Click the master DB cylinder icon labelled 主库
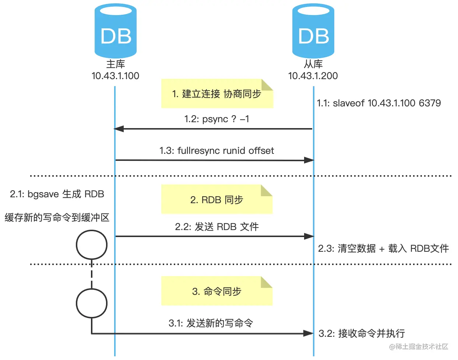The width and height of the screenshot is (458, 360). (116, 31)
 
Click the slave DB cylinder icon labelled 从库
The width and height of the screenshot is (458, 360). (313, 31)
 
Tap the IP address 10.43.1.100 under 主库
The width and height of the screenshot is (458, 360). (115, 76)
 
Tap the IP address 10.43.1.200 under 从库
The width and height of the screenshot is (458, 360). (313, 76)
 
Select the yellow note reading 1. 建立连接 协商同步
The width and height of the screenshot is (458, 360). (217, 94)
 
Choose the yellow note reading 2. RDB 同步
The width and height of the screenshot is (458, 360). (217, 200)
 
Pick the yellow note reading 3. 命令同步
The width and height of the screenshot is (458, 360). (217, 292)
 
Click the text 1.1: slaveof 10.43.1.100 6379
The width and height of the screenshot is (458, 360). (379, 103)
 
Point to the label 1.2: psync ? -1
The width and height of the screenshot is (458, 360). (216, 119)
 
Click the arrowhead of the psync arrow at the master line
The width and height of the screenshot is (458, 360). (119, 129)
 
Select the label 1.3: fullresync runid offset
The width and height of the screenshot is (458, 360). (216, 151)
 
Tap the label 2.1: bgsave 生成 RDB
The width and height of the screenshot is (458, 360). (57, 194)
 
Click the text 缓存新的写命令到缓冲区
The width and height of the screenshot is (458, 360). (57, 218)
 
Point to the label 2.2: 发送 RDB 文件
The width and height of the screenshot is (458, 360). (217, 227)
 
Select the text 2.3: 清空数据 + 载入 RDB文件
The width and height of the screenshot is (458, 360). (383, 248)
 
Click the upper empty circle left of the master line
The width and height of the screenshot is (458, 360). (92, 245)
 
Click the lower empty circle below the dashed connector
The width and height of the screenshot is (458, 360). (92, 303)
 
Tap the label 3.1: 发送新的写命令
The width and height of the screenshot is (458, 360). (211, 323)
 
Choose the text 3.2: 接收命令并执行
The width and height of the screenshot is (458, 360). (362, 333)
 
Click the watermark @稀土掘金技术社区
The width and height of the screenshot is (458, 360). (419, 347)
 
